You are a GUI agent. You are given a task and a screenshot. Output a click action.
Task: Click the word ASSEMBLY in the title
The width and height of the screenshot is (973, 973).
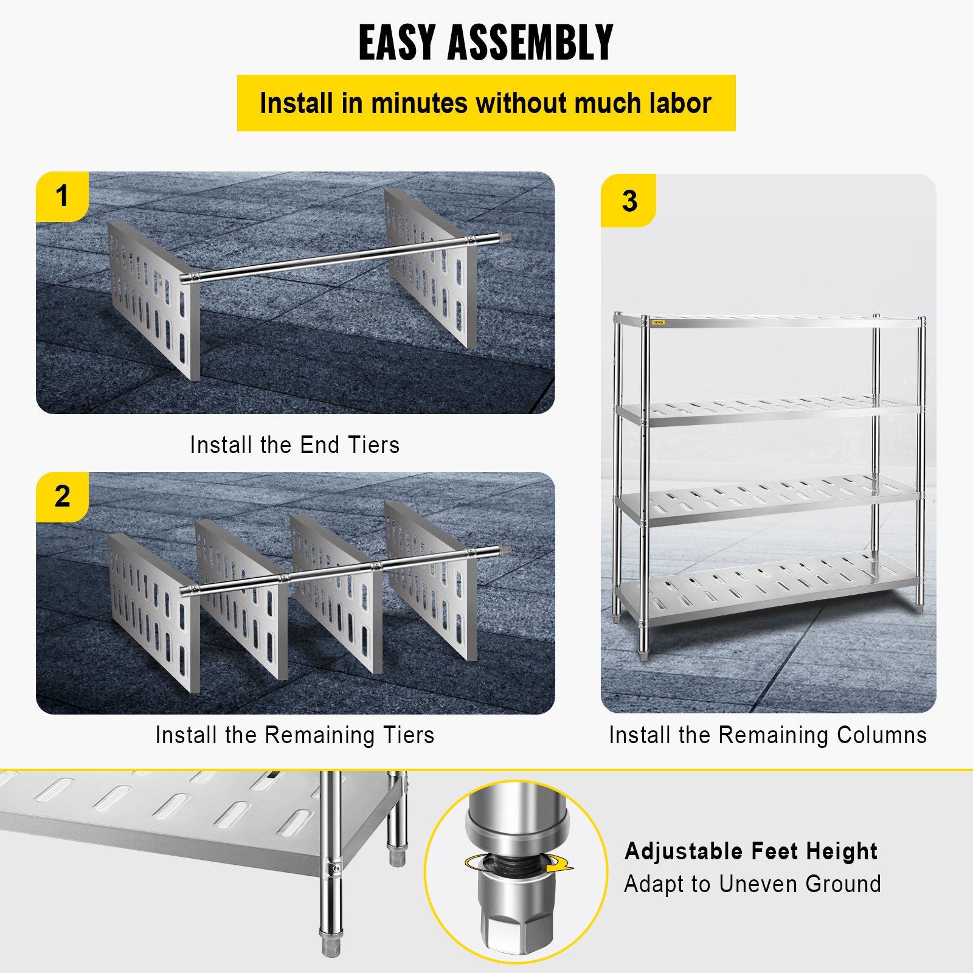point(530,43)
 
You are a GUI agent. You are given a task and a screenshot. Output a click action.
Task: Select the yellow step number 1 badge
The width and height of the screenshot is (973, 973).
point(62,196)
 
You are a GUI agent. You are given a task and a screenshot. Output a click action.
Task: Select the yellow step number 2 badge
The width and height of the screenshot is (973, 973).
point(62,496)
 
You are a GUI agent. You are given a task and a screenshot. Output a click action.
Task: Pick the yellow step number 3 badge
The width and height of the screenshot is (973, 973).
point(629,201)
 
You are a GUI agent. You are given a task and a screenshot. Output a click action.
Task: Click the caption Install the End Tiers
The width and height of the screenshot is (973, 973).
point(294,445)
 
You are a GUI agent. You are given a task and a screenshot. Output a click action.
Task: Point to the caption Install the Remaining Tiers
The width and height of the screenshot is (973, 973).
point(294,735)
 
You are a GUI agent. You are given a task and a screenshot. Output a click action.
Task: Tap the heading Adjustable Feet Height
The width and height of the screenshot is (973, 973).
point(750,851)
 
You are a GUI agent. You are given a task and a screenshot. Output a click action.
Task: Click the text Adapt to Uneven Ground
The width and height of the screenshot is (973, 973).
point(752,884)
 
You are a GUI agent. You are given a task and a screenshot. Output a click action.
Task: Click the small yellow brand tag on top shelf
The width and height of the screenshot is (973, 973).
point(659,322)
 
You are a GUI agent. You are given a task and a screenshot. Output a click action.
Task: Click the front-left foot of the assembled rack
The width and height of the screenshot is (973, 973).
point(643,656)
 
